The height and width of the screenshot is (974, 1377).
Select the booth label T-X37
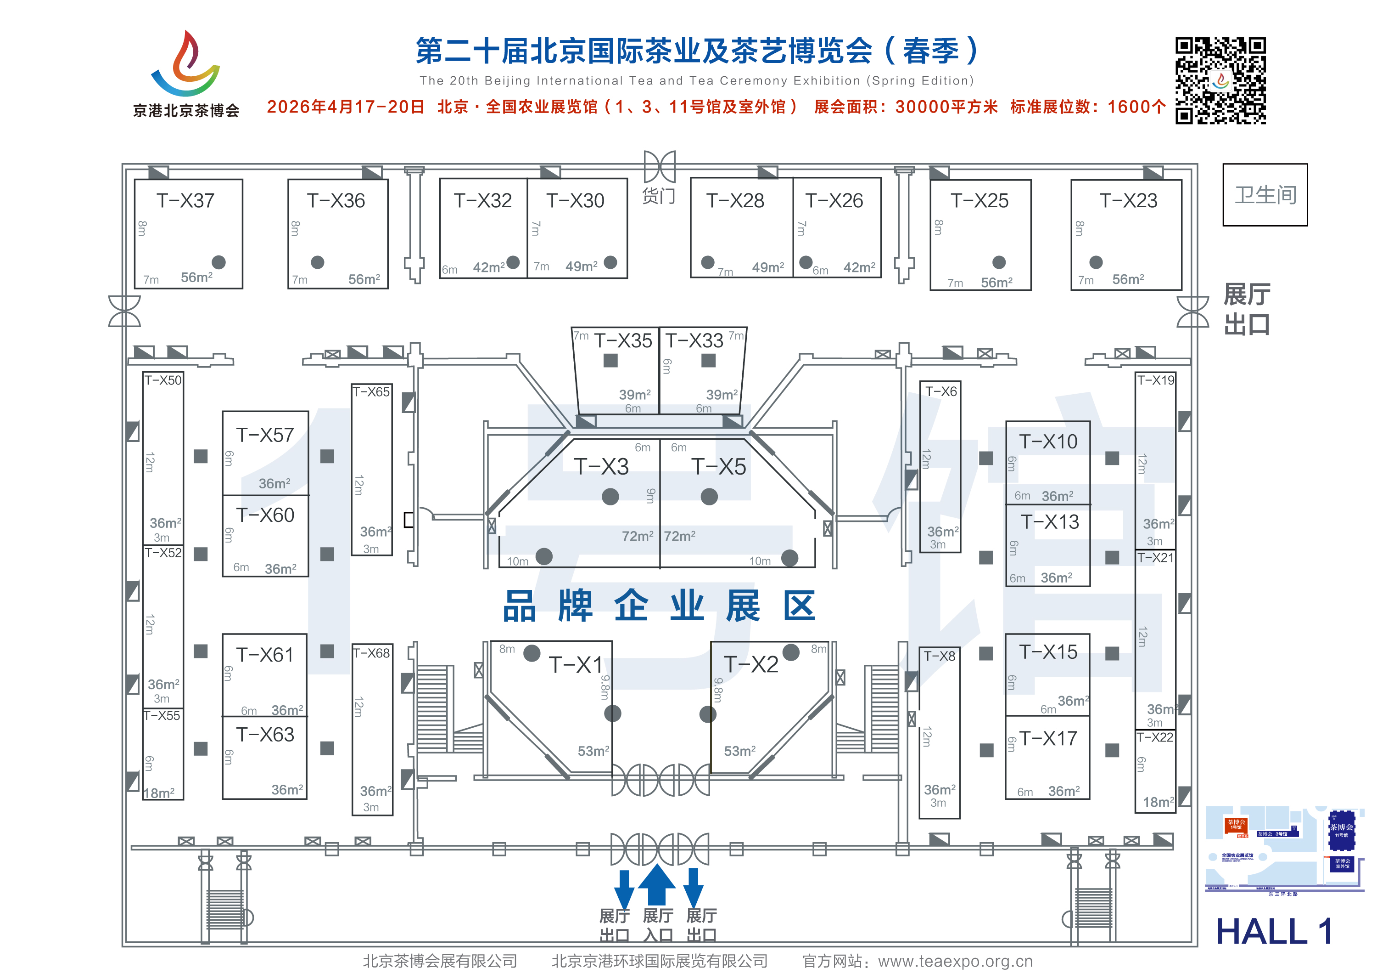[x=185, y=200]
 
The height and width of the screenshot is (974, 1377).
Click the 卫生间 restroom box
[x=1265, y=195]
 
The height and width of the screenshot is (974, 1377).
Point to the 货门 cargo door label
[x=659, y=196]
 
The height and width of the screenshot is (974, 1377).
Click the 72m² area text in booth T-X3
[x=637, y=536]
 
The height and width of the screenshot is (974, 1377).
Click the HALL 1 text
[x=1274, y=931]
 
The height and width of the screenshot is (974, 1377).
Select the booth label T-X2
[x=751, y=664]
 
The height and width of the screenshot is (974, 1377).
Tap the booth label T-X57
[x=265, y=435]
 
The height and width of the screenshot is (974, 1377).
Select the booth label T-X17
[x=1048, y=739]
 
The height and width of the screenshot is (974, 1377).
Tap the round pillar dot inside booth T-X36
[x=317, y=262]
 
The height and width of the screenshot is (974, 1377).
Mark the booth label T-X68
[x=371, y=653]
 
